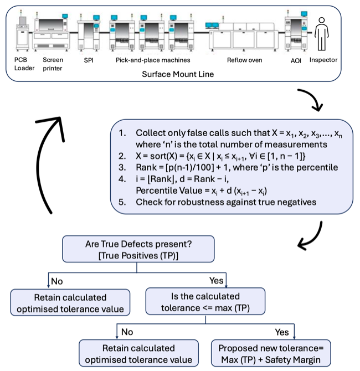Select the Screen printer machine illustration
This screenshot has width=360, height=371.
53,33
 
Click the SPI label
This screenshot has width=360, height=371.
88,59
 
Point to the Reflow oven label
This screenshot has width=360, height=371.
244,59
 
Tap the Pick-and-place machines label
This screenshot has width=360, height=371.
153,59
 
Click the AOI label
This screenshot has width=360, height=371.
296,59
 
